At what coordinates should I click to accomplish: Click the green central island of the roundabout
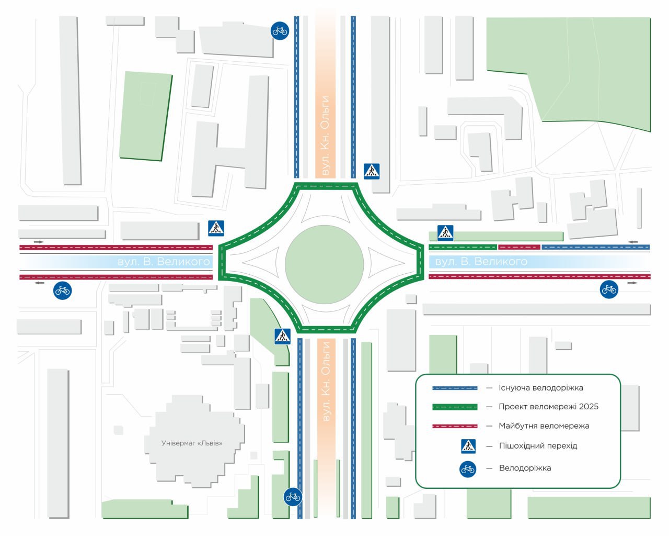click(x=324, y=264)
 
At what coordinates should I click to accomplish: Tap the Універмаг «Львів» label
click(x=192, y=443)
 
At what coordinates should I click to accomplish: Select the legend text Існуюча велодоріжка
click(x=540, y=388)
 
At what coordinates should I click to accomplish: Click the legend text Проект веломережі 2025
click(x=548, y=407)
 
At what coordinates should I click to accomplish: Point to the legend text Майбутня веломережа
click(x=544, y=426)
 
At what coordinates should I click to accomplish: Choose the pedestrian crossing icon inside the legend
click(x=468, y=446)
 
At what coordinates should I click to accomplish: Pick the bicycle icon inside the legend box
click(x=468, y=469)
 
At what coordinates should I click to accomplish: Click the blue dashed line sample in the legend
click(x=455, y=388)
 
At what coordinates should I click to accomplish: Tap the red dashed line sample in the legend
click(x=455, y=426)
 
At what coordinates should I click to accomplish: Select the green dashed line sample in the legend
click(x=455, y=407)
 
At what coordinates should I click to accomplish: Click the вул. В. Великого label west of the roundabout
click(x=164, y=262)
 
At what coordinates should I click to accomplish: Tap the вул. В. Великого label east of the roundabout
click(x=481, y=262)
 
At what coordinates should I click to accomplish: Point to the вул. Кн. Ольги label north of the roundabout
click(x=326, y=136)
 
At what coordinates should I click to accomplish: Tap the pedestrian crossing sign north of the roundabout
click(x=372, y=171)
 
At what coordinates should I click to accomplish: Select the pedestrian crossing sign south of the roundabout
click(x=282, y=336)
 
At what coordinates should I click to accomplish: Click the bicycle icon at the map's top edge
click(x=280, y=30)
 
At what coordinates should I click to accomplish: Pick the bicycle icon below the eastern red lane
click(x=609, y=289)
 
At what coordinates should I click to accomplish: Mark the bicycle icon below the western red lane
click(x=62, y=290)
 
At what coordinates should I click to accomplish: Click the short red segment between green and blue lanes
click(x=519, y=247)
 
